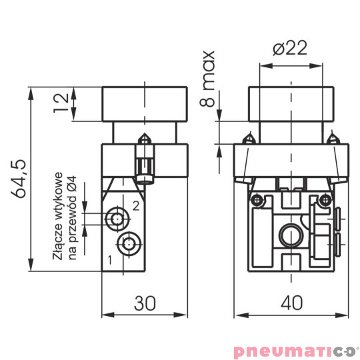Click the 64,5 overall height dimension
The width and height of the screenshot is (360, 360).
click(x=19, y=179)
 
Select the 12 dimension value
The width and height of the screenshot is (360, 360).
click(x=61, y=102)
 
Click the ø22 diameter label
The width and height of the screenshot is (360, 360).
click(x=289, y=49)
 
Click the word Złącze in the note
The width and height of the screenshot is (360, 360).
click(x=59, y=246)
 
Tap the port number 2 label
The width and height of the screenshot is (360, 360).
click(x=135, y=205)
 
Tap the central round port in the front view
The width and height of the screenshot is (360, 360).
click(x=289, y=234)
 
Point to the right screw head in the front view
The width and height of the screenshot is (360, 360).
click(x=325, y=199)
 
